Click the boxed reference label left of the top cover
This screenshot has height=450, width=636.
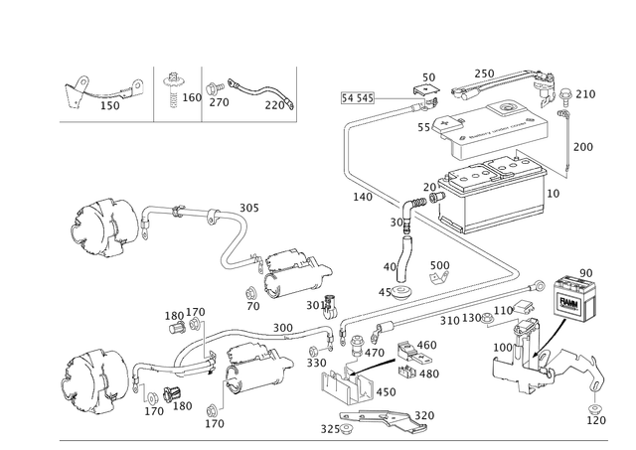pyautogui.click(x=356, y=97)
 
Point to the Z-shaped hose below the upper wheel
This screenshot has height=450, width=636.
pyautogui.click(x=237, y=244)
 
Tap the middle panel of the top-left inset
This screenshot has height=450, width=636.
pyautogui.click(x=179, y=90)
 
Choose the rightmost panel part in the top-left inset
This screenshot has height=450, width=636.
pyautogui.click(x=248, y=92)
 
